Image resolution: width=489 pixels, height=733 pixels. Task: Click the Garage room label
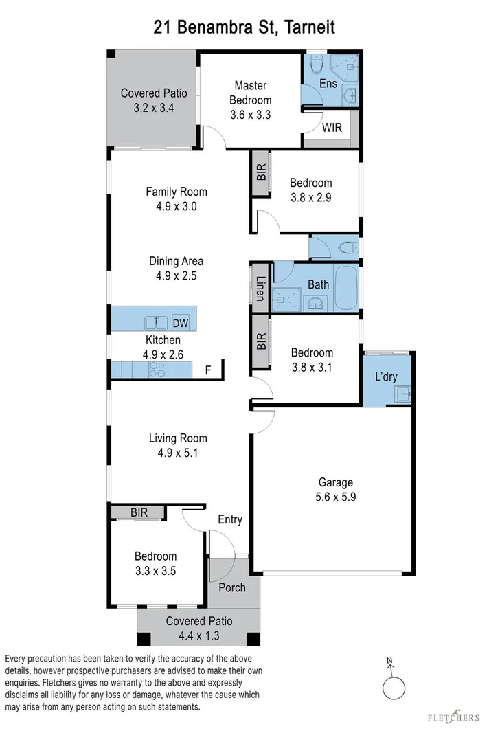point(335,482)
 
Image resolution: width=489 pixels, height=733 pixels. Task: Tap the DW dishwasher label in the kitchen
point(180,324)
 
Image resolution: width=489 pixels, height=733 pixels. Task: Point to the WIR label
point(332,128)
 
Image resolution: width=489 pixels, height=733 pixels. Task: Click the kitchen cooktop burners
point(157,370)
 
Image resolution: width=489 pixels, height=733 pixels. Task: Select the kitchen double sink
point(157,323)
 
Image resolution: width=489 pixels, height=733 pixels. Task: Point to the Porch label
point(231,588)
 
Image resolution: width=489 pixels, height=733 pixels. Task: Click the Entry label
point(229,520)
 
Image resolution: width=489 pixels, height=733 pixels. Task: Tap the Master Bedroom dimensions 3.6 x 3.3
point(250,115)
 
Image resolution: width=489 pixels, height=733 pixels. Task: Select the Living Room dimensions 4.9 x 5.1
point(178,453)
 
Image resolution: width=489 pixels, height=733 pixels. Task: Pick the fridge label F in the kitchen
point(208,370)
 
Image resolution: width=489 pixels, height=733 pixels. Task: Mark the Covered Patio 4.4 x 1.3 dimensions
point(199,636)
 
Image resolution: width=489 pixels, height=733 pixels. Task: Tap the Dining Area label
point(177,261)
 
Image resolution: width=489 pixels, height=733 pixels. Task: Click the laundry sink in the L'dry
point(402,394)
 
